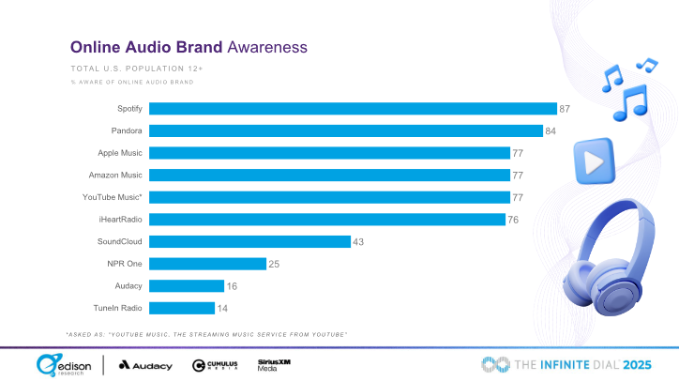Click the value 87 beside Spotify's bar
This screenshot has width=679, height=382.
point(565,109)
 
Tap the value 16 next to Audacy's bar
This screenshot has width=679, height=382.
point(232,285)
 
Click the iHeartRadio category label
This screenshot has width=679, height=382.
point(121,220)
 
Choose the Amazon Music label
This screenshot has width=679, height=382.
point(115,175)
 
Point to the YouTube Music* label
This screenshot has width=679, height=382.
point(113,197)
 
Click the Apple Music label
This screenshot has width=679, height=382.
point(120,153)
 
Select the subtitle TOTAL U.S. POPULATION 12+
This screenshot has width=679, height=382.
point(137,69)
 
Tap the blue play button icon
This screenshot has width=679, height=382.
point(594,161)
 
